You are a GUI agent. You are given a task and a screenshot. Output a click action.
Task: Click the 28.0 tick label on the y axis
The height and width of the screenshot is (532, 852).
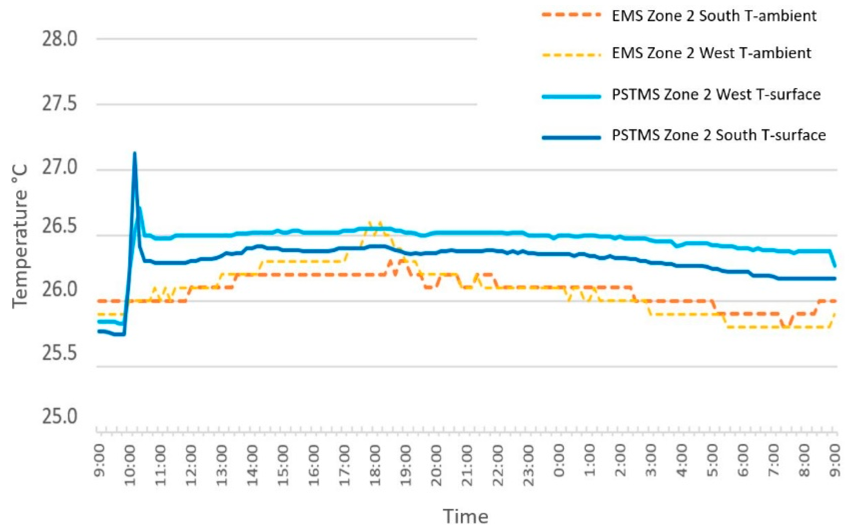point(60,39)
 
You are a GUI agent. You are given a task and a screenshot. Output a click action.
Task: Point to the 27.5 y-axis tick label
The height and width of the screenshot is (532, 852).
point(60,105)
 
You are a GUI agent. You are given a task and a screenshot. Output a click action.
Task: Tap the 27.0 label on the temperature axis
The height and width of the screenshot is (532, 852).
point(60,168)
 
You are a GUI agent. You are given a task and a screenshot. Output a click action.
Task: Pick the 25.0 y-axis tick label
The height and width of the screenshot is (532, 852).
point(60,417)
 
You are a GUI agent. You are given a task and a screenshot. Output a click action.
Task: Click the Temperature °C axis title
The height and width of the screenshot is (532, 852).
point(20,237)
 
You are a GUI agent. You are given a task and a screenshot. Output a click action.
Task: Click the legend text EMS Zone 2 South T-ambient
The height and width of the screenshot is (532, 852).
point(714,16)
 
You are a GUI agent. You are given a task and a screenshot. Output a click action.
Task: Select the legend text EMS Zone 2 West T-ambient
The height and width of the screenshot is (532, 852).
point(711,54)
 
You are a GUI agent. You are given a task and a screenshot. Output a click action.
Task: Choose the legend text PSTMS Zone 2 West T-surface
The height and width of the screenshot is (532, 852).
point(716,95)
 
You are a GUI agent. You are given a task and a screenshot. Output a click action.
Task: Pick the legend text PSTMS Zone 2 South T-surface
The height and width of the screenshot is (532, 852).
point(719,135)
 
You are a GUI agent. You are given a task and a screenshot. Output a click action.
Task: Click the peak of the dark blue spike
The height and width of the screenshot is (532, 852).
point(135,153)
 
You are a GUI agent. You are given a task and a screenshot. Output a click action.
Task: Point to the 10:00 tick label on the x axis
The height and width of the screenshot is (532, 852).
point(131,465)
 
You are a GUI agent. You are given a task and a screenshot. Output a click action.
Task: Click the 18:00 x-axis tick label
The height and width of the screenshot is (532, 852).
point(375,465)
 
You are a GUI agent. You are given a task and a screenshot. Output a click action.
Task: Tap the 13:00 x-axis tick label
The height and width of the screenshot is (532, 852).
point(222,465)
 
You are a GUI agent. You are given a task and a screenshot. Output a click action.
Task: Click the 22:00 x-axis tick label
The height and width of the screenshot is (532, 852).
point(498,465)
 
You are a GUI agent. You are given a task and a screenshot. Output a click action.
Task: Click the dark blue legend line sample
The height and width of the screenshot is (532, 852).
point(571,138)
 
